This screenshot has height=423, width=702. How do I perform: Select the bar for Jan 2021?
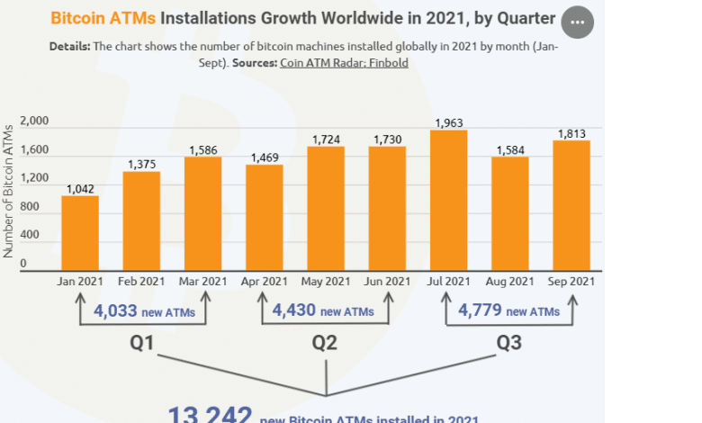coord(80,233)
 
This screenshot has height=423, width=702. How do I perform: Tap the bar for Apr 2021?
coord(265,217)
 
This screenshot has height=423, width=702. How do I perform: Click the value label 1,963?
coord(449,122)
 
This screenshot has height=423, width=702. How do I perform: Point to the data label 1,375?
coord(142,164)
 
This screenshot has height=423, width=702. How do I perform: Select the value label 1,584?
coord(510,149)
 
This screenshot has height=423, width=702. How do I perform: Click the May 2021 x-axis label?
coord(326,282)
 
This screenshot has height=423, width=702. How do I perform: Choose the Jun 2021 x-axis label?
coord(388,282)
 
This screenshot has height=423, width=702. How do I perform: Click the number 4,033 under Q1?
coord(115,311)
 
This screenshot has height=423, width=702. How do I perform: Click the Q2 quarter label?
coord(326,343)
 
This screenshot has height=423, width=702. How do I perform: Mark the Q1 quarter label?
coord(142,343)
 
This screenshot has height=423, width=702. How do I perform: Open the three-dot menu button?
coord(577,21)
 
